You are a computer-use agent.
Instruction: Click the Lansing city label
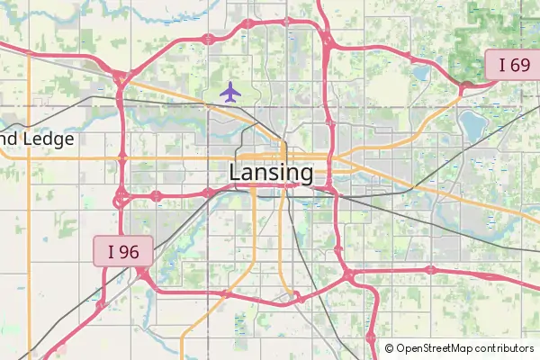click(271, 172)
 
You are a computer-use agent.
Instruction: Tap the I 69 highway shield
click(513, 65)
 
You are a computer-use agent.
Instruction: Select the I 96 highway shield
click(123, 251)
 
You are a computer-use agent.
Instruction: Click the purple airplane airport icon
click(231, 91)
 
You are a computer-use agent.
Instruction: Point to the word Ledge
click(49, 139)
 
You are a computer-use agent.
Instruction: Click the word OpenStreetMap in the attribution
click(436, 348)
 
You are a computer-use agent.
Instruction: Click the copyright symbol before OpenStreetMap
click(389, 348)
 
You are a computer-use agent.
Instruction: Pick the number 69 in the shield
click(519, 65)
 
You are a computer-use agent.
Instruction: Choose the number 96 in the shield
click(130, 251)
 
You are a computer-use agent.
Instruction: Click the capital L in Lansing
click(236, 172)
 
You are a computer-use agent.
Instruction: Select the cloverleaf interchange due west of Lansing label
click(121, 195)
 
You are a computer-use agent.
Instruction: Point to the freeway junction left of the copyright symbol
click(371, 338)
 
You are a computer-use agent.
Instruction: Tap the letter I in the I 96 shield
click(112, 251)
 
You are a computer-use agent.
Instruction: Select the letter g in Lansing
click(305, 175)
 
